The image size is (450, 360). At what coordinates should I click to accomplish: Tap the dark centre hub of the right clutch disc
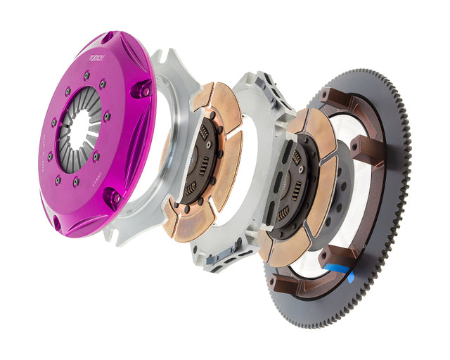(x=292, y=186)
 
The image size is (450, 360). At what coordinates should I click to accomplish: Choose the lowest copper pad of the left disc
(x=190, y=225)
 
